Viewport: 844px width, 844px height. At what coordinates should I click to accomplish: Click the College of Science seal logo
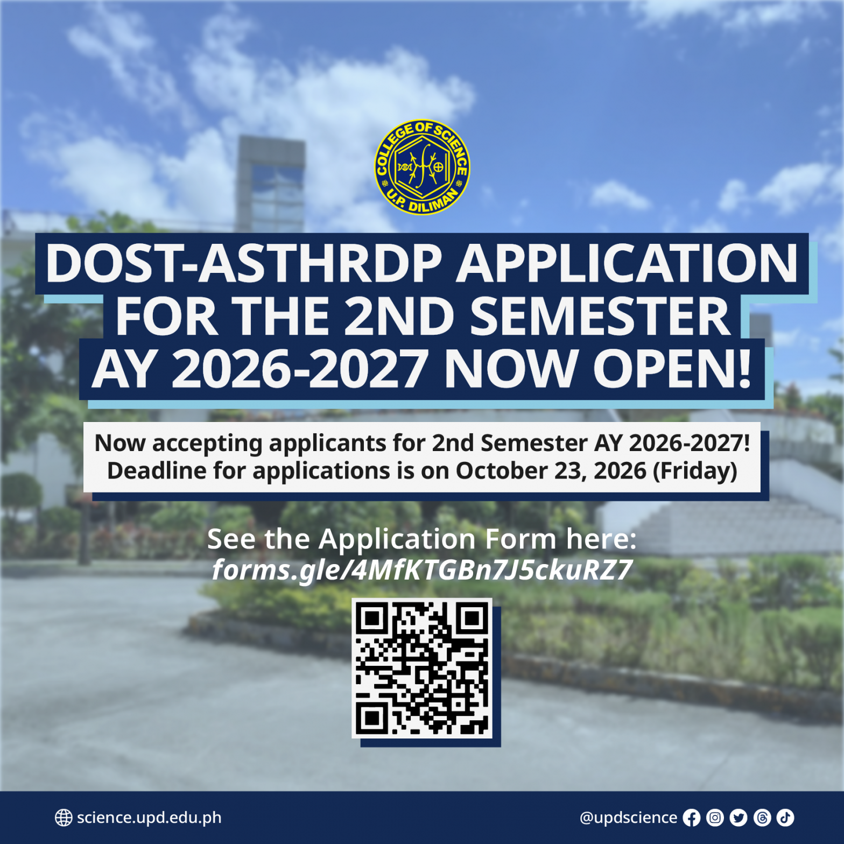tap(422, 167)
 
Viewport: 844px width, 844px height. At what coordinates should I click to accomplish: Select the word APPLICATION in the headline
tap(627, 263)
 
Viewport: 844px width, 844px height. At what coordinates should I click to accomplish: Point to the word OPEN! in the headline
tap(672, 369)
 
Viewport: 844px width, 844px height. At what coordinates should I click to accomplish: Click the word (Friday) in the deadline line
tap(695, 472)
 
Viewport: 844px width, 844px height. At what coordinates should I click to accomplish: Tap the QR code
tap(422, 668)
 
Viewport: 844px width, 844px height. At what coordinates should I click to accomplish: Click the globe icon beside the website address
tap(64, 818)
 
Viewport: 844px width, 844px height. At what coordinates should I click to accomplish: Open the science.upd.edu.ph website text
tap(149, 818)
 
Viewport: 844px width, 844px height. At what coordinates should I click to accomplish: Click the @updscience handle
tap(628, 818)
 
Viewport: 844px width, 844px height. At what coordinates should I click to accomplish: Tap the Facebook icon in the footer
tap(692, 818)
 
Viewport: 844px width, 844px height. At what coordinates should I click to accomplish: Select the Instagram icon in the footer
tap(715, 818)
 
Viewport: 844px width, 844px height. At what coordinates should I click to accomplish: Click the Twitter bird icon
tap(738, 818)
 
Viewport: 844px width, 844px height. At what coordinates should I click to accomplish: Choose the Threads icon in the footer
tap(762, 818)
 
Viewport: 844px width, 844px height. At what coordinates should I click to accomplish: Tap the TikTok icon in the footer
tap(785, 818)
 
